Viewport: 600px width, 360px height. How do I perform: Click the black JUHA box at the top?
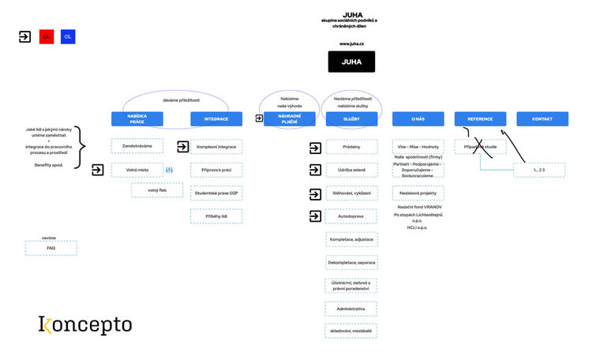pos(351,62)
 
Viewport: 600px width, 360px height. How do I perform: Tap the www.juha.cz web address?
pos(351,43)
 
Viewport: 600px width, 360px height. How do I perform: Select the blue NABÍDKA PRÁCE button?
pos(137,118)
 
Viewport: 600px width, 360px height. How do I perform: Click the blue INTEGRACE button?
pos(216,118)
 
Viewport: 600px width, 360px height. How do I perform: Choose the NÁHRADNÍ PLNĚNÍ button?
pos(289,118)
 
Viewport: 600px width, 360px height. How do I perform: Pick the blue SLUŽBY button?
pos(351,118)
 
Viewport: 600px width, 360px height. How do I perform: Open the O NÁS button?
pos(418,118)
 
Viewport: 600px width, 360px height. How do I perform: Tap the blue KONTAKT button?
pos(542,118)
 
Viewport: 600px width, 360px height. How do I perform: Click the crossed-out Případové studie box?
pos(480,147)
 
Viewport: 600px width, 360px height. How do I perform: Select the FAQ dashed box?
pos(51,248)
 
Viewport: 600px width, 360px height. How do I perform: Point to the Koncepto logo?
pos(84,324)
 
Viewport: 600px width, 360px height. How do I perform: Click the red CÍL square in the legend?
pos(47,36)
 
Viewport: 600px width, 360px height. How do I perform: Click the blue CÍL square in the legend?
pos(68,36)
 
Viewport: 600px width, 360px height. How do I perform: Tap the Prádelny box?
pos(351,147)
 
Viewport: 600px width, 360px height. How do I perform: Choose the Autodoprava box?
pos(351,216)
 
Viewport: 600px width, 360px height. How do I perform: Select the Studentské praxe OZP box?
pos(216,193)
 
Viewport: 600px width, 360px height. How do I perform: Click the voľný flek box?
pos(157,190)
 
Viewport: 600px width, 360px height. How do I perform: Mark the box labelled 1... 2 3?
pos(539,170)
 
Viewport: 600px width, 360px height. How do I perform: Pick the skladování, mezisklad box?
pos(351,331)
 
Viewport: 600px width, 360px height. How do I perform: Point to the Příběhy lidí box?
pos(216,216)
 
